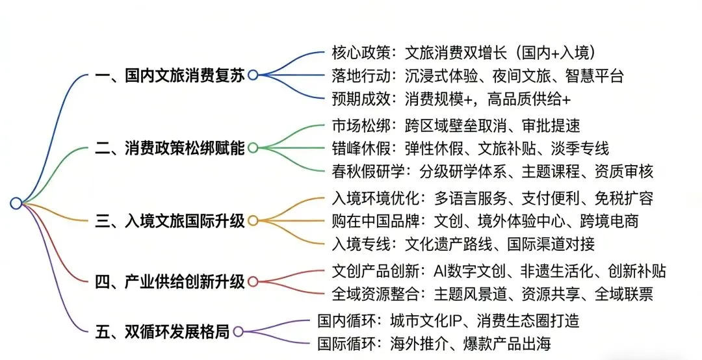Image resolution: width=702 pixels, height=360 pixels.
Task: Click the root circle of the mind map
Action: click(16, 203)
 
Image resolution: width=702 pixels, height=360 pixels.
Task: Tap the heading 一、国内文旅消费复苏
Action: click(170, 75)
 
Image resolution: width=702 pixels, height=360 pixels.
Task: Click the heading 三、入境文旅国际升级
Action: click(170, 221)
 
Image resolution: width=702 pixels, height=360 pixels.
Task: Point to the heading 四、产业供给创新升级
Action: click(170, 282)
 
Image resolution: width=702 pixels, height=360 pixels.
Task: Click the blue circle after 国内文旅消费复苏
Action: click(253, 75)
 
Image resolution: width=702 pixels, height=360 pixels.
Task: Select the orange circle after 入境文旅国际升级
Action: click(253, 221)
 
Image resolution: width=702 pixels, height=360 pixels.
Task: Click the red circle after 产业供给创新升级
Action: click(253, 282)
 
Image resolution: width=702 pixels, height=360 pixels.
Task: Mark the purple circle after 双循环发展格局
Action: click(238, 332)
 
